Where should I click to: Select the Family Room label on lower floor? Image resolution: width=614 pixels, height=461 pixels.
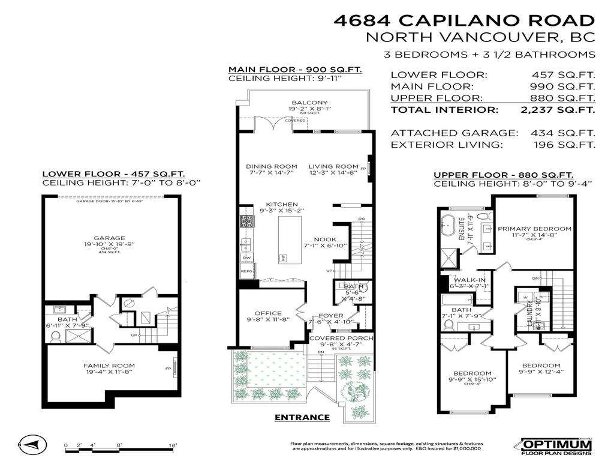coord(109,366)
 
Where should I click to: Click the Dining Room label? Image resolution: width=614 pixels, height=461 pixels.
coord(272,166)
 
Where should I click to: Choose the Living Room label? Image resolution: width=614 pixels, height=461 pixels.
coord(333,166)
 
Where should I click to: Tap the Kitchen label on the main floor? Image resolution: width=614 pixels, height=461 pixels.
coord(282,204)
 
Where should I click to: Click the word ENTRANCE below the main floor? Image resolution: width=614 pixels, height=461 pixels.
coord(302,418)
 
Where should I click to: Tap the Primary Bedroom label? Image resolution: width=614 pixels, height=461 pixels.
coord(534,229)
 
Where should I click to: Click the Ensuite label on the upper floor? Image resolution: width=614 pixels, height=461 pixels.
coord(462,228)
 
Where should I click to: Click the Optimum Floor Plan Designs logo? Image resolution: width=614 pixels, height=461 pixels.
coord(556,445)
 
